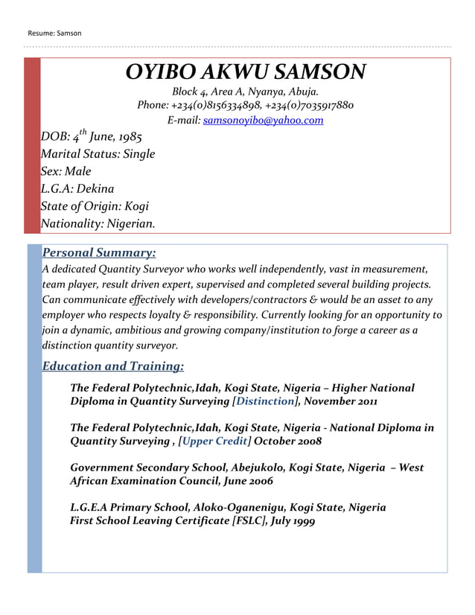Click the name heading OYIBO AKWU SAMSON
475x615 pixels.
tap(246, 72)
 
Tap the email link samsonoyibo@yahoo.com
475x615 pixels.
tap(263, 120)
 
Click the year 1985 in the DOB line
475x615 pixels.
tap(126, 138)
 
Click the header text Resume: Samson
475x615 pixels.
tap(54, 33)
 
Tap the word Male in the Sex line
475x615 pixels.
tap(77, 172)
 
